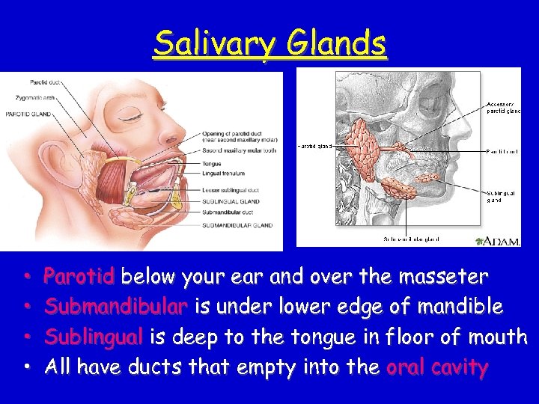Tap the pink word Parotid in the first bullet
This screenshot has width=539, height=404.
pyautogui.click(x=79, y=278)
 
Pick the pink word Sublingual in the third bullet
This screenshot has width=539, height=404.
pyautogui.click(x=94, y=337)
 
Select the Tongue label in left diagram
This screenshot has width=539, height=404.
pyautogui.click(x=211, y=164)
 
